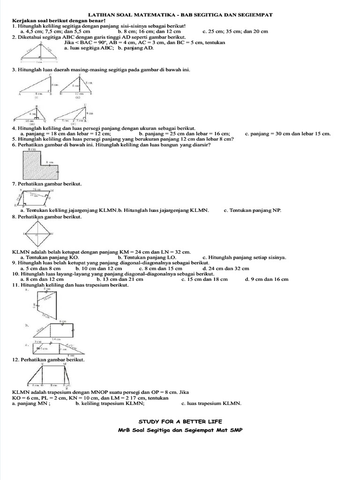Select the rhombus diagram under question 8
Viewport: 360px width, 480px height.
[38, 233]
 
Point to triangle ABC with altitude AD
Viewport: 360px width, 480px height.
[41, 52]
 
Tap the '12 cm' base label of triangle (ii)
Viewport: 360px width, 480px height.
[80, 94]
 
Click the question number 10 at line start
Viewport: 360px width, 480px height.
[15, 274]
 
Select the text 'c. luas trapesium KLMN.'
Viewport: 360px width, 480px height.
[211, 403]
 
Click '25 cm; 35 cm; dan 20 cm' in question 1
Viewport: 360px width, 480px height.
[239, 31]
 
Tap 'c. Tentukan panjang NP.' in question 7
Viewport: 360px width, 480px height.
[252, 210]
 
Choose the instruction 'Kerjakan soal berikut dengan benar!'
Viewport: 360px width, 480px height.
[52, 21]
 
